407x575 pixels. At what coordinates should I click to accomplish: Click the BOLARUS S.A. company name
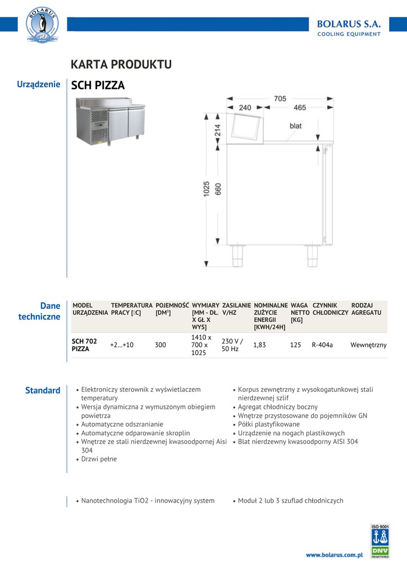349,24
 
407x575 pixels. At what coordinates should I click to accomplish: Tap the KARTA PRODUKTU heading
121,65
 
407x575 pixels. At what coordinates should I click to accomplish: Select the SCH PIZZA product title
98,85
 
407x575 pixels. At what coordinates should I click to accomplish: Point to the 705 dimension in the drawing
280,99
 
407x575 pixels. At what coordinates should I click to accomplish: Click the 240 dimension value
245,107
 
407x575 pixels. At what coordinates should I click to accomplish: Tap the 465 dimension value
300,107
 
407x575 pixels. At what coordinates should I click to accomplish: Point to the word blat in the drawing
295,126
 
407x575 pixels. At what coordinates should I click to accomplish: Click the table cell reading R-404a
322,345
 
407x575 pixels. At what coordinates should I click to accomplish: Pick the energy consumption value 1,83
259,345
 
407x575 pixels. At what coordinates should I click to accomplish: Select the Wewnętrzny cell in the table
368,345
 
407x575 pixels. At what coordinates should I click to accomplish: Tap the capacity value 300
161,345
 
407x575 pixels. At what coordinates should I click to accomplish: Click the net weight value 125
295,345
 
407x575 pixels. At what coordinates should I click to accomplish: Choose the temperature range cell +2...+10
122,345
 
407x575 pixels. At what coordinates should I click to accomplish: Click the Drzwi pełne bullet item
99,459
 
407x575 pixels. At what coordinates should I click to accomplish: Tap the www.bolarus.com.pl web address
335,555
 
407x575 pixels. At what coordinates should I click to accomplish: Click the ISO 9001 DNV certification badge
380,541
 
